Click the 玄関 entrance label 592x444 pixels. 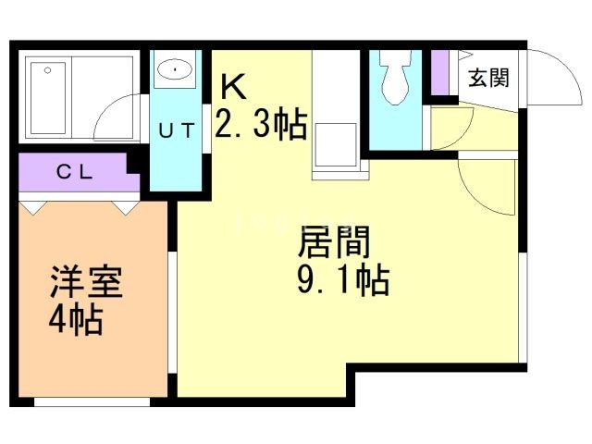point(487,78)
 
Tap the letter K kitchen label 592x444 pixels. point(234,88)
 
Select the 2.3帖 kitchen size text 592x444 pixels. point(261,122)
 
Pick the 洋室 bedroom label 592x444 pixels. point(87,283)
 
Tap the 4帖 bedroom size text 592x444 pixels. point(76,321)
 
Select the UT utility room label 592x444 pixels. point(176,130)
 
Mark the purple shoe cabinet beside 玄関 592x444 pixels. point(440,74)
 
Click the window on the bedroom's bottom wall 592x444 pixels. point(92,401)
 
